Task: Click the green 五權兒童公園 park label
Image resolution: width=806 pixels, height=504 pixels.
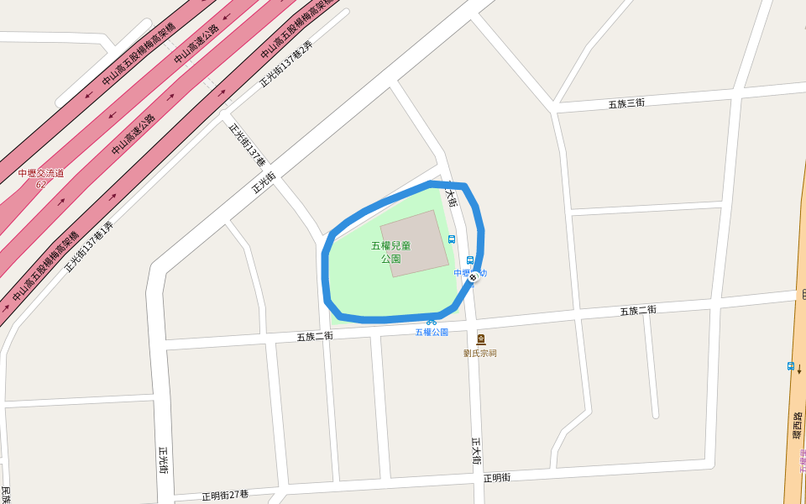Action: coord(390,252)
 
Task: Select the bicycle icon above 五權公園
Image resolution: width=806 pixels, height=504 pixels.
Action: coord(432,321)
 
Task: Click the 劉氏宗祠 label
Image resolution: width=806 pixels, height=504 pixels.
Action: coord(479,353)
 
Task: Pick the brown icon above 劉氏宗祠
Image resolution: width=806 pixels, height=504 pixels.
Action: coord(480,339)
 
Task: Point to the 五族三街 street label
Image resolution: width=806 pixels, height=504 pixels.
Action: coord(626,103)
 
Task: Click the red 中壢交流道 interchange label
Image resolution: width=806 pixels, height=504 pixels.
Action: coord(40,173)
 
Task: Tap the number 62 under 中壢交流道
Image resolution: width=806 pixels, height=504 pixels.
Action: coord(40,183)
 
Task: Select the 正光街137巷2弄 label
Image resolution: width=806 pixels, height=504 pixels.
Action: coord(285,64)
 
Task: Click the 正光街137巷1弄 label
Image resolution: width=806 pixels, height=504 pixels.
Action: coord(88,246)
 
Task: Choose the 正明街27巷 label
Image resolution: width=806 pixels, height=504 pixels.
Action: coord(225,495)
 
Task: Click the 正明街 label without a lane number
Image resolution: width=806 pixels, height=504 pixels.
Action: coord(496,477)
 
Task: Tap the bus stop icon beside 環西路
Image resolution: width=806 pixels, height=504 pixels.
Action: coord(790,366)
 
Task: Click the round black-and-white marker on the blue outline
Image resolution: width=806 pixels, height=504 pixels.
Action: coord(473,277)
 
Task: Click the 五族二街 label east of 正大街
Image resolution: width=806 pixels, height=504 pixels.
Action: coord(638,310)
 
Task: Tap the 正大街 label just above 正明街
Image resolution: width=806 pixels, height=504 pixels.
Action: coord(476,451)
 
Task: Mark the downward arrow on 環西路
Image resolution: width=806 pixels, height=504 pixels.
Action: coord(799,369)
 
